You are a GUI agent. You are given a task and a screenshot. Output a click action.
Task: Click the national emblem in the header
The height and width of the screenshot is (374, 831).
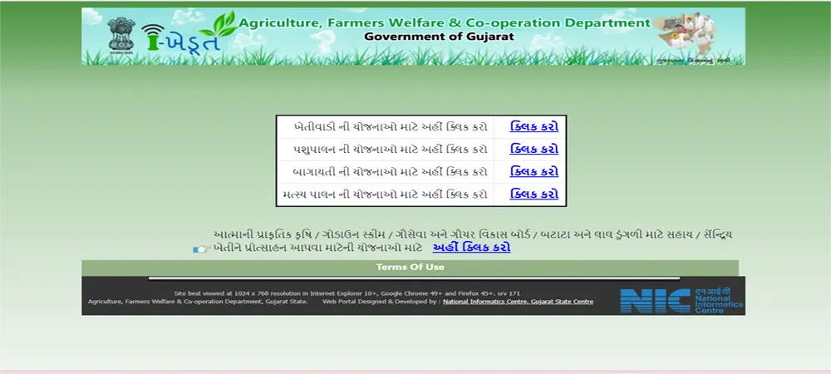point(119,35)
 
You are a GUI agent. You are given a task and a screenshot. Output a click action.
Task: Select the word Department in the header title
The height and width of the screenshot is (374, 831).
point(606,22)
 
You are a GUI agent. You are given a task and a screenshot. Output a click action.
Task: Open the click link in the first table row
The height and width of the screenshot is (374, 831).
point(534,126)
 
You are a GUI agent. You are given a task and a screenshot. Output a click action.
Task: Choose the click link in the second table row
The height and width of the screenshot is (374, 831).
point(534,149)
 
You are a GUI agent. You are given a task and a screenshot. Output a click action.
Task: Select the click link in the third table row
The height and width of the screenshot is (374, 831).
point(534,171)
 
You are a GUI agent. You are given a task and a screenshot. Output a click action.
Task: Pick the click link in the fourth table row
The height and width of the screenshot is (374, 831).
point(534,194)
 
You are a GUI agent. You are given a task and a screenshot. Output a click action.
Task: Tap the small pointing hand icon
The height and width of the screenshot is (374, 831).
point(200,248)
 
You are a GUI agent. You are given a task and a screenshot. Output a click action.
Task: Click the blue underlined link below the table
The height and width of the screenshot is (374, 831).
point(471,247)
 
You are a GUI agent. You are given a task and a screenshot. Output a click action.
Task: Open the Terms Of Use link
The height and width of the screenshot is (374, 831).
point(410,267)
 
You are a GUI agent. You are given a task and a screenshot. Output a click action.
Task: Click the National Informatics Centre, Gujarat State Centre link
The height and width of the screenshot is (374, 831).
point(518,302)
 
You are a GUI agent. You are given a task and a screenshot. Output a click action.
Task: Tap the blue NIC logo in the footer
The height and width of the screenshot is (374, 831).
point(655,300)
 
